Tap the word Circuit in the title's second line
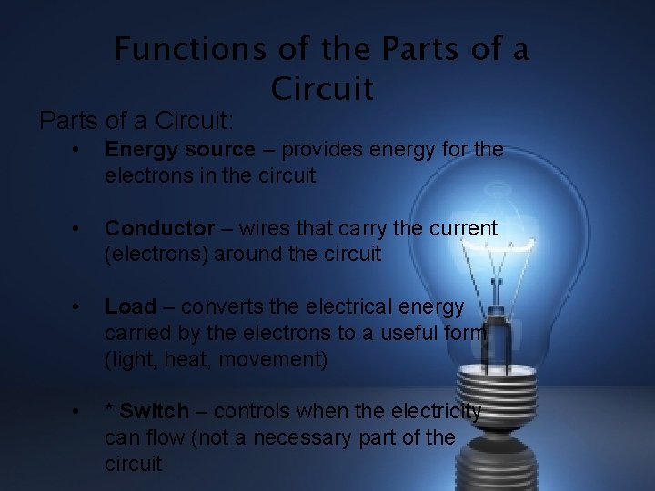tap(322, 88)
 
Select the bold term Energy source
tap(180, 149)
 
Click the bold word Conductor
tap(160, 228)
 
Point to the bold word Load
tap(130, 307)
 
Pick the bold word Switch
tap(154, 412)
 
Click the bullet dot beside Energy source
tap(80, 150)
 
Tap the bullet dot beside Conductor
tap(80, 229)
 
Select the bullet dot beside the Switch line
tap(80, 413)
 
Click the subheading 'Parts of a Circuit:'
tap(136, 120)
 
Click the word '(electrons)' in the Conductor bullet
tap(156, 255)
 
